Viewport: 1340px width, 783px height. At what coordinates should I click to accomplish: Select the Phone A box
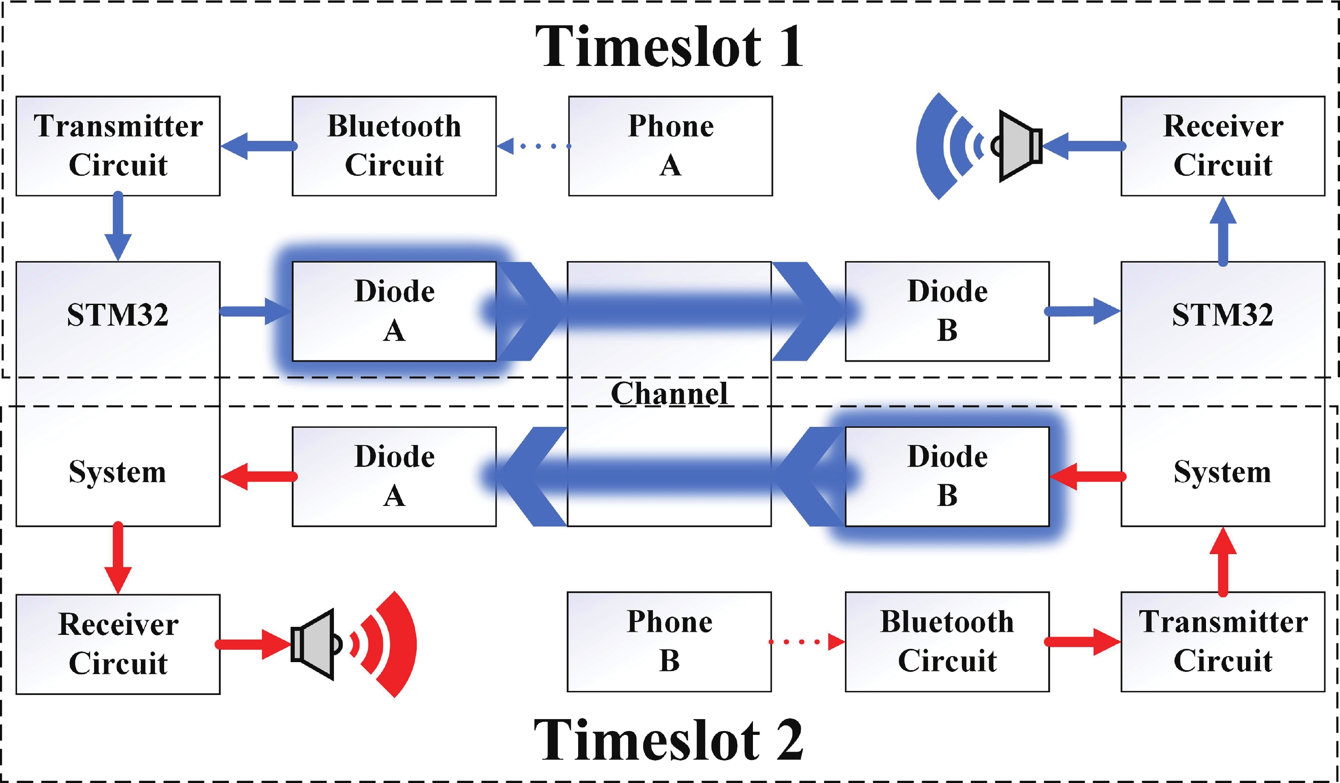(x=670, y=146)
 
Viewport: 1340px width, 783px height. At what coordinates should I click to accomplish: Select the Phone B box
(x=669, y=642)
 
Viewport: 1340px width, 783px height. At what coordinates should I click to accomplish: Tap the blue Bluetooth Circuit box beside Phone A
(x=394, y=146)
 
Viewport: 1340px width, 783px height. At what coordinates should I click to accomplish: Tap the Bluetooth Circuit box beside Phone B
(x=947, y=642)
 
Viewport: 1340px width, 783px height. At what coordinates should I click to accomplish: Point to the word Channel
(x=669, y=394)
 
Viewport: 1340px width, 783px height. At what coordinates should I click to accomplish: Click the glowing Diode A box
(x=394, y=311)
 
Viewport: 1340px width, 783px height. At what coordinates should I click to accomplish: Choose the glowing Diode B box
(x=947, y=476)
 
